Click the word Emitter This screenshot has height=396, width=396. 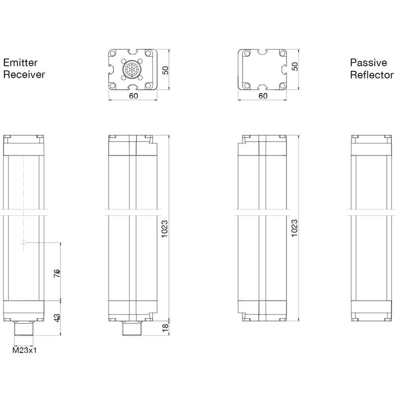click(20, 63)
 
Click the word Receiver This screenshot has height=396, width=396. click(24, 75)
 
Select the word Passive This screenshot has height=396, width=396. click(368, 63)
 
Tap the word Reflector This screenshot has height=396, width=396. click(372, 75)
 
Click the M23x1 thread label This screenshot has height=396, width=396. click(24, 350)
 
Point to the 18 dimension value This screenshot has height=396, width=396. click(165, 328)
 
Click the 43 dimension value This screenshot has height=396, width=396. click(57, 318)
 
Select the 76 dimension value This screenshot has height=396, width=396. click(57, 273)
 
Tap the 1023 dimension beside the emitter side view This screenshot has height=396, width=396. click(164, 229)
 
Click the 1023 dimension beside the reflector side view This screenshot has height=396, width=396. click(295, 228)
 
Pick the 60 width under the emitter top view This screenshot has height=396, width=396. click(134, 96)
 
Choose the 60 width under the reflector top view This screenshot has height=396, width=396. click(263, 96)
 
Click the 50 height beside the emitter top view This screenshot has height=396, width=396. click(165, 70)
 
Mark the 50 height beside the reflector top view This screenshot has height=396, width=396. click(295, 66)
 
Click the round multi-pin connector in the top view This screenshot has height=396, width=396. click(132, 69)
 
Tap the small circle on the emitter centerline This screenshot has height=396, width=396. click(23, 243)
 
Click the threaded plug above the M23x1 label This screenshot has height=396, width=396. click(24, 328)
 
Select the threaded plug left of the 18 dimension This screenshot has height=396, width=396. click(132, 328)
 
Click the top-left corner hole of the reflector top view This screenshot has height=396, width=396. click(247, 53)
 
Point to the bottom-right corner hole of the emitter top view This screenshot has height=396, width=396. click(148, 86)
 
